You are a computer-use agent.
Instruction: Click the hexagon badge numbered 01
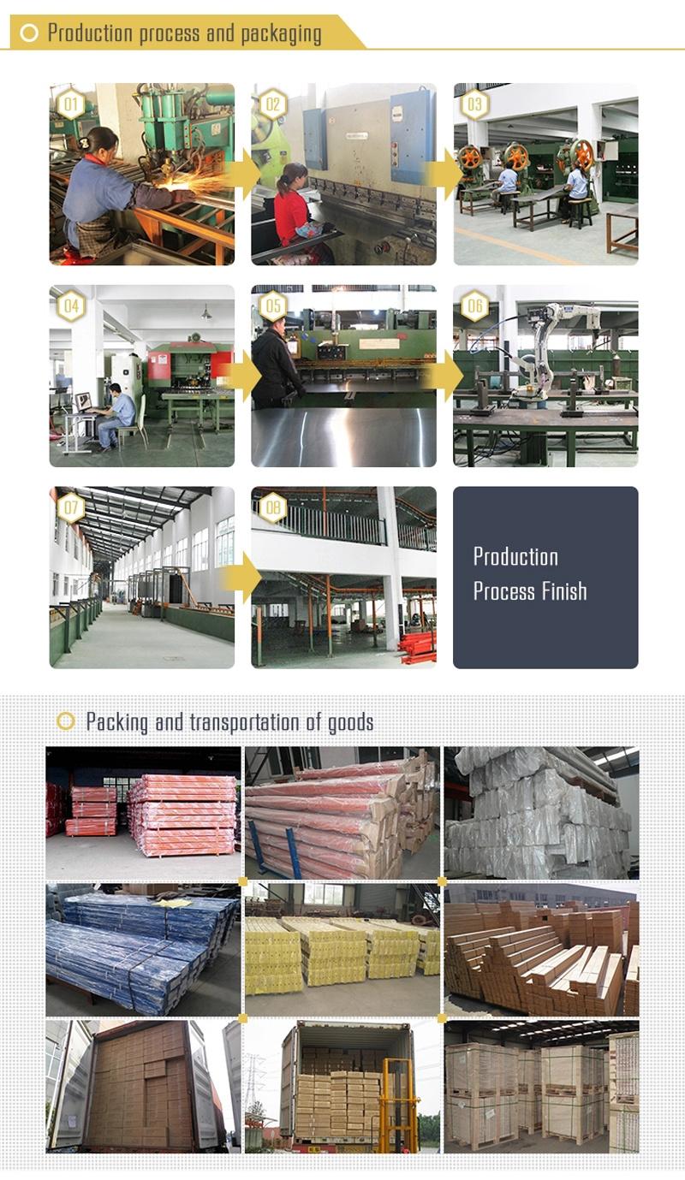71,104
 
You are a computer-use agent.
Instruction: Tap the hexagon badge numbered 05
272,306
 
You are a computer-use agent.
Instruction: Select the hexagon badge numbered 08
272,507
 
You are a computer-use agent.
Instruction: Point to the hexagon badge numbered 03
474,104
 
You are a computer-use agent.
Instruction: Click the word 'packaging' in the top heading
281,34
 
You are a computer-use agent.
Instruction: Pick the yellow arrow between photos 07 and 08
243,578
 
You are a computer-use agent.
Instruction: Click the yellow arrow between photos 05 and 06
445,377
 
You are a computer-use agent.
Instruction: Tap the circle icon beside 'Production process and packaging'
29,33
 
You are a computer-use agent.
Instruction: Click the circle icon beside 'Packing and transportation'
65,721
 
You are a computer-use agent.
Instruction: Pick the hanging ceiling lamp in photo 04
205,313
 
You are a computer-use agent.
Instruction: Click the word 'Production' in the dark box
515,557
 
